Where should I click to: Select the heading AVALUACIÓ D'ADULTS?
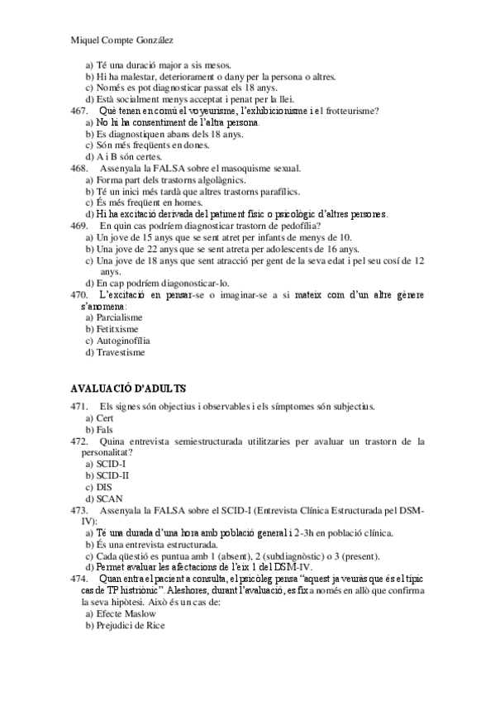[128, 388]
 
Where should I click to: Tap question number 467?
[79, 111]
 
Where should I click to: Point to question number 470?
[79, 294]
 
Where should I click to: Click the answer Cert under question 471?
[105, 418]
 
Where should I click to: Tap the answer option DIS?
[104, 487]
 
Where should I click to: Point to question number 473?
[79, 510]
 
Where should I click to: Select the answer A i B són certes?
[129, 156]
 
